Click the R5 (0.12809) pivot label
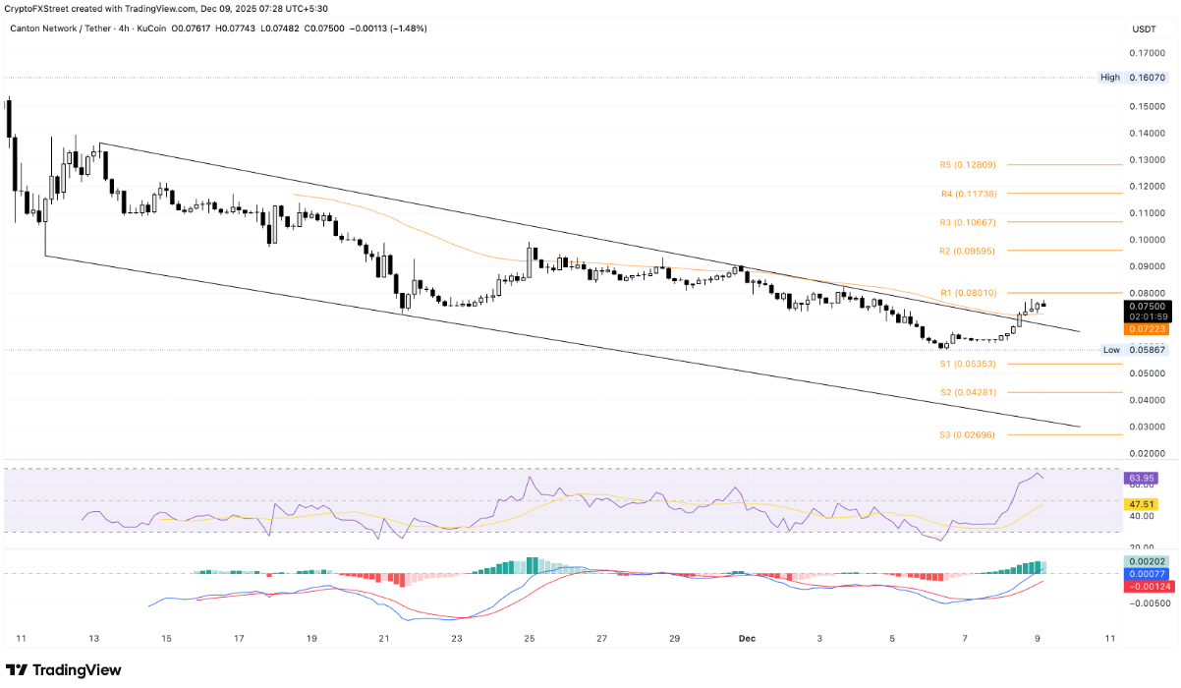point(968,165)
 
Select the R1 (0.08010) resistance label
point(968,293)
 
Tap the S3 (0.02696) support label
point(968,433)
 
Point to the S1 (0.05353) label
point(968,364)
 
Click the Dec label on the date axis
point(748,638)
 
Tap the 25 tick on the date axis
point(530,638)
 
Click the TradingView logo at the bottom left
point(66,669)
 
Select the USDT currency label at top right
point(1145,29)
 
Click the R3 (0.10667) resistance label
point(968,222)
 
